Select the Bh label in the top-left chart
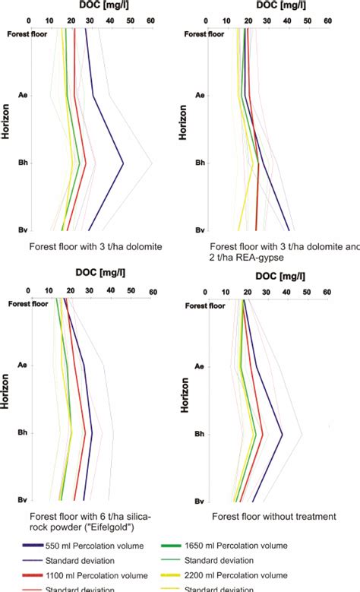[x=22, y=163]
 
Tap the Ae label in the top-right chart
[x=200, y=96]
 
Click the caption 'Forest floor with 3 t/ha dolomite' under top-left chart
[x=96, y=247]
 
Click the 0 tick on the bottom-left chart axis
[x=28, y=290]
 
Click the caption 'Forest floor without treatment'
[x=273, y=516]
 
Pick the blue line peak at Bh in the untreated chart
[x=283, y=435]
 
